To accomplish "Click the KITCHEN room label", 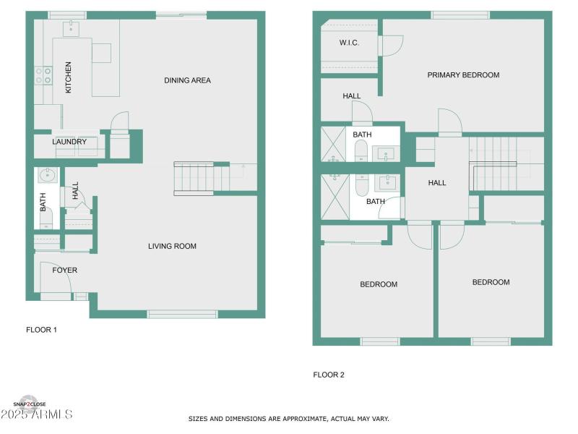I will pyautogui.click(x=69, y=77).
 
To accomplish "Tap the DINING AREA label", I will pyautogui.click(x=187, y=80).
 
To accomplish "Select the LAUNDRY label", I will pyautogui.click(x=69, y=142).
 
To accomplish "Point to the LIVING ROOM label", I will pyautogui.click(x=172, y=246).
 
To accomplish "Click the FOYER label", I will pyautogui.click(x=64, y=270).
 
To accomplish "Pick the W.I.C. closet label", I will pyautogui.click(x=349, y=43).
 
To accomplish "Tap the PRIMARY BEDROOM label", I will pyautogui.click(x=463, y=75).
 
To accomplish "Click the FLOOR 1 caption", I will pyautogui.click(x=41, y=329).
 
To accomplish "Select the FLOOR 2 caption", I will pyautogui.click(x=329, y=375).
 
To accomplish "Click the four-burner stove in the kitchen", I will pyautogui.click(x=44, y=75).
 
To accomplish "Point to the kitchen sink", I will pyautogui.click(x=72, y=28).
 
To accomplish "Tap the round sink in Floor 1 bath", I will pyautogui.click(x=48, y=174).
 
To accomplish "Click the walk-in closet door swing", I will pyautogui.click(x=391, y=46).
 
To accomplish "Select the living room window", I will pyautogui.click(x=182, y=314).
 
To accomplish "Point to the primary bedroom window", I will pyautogui.click(x=460, y=14).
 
